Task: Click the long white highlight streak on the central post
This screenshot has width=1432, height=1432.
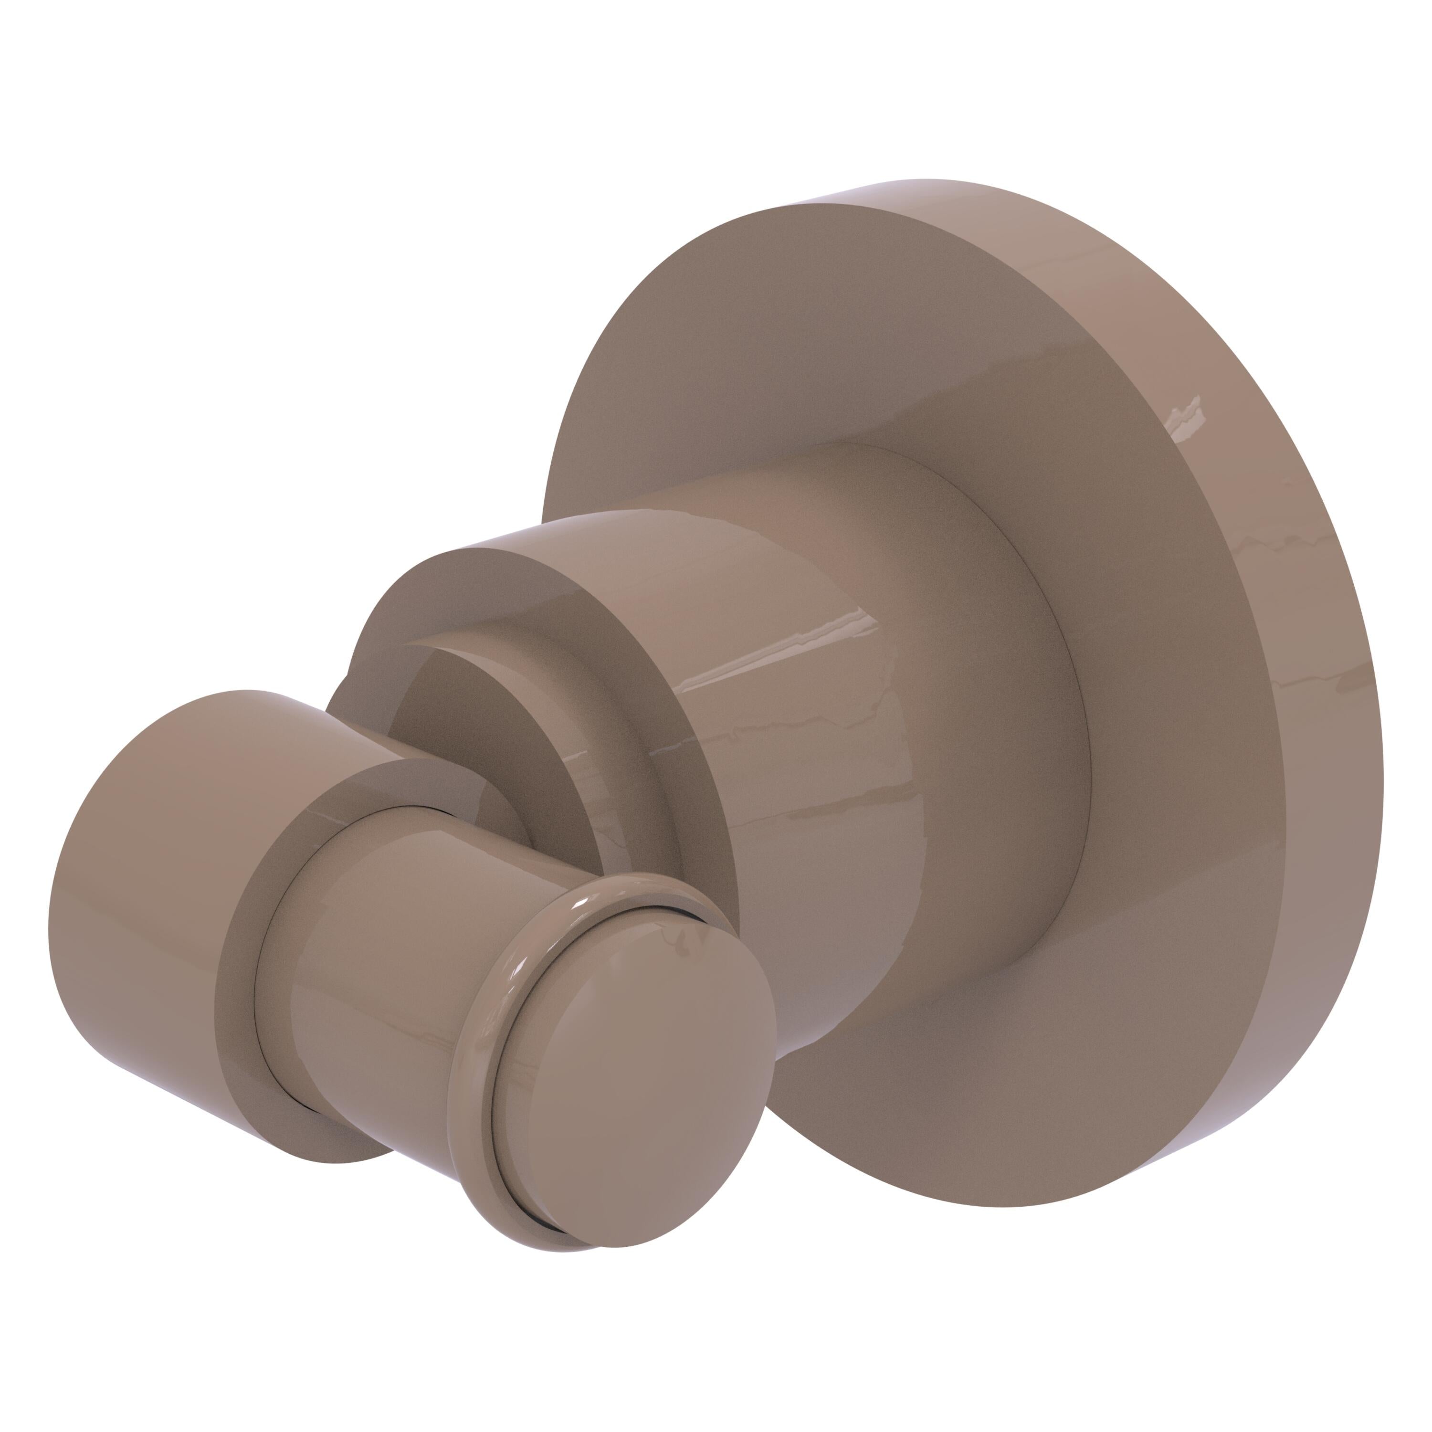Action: (778, 652)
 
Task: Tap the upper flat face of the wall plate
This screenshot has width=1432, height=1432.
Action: (815, 334)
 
